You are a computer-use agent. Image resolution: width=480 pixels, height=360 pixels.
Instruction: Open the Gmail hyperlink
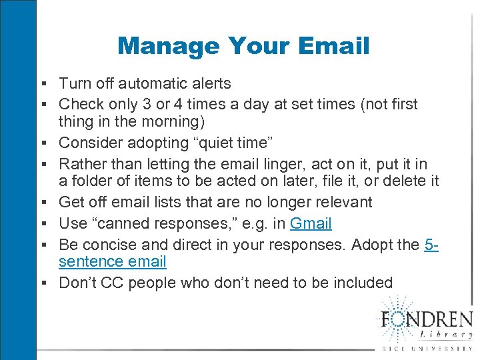[x=311, y=223]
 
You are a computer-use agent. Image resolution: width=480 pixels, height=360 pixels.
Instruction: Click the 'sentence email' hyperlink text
[x=113, y=262]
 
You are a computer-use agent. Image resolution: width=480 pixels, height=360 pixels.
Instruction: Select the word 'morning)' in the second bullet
[x=180, y=123]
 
